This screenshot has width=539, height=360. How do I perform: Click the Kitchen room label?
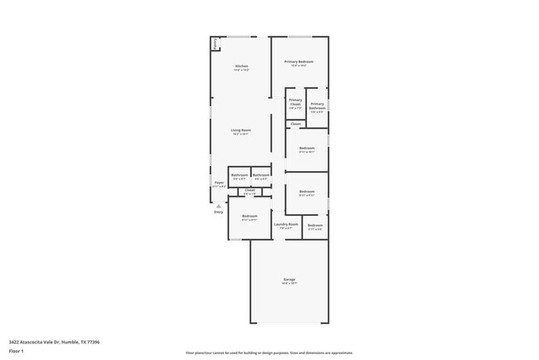241,66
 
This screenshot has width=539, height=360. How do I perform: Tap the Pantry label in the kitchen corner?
216,44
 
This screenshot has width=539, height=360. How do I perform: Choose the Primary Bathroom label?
317,105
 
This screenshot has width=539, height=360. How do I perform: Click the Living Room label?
240,130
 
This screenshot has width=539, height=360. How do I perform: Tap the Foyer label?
219,182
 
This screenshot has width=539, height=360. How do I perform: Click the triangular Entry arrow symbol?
219,206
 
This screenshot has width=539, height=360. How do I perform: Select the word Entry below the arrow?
219,212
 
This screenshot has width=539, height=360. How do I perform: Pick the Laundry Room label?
286,224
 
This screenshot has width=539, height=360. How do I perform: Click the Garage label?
289,280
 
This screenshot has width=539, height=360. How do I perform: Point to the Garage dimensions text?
289,284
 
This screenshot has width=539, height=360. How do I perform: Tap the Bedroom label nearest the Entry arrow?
250,216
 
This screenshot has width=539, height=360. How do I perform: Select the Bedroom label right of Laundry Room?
315,226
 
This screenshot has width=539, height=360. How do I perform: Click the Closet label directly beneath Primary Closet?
295,124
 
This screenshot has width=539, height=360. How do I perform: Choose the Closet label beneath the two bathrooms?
250,190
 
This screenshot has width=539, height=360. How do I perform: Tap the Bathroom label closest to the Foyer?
239,175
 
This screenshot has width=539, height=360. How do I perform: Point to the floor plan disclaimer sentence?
269,352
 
